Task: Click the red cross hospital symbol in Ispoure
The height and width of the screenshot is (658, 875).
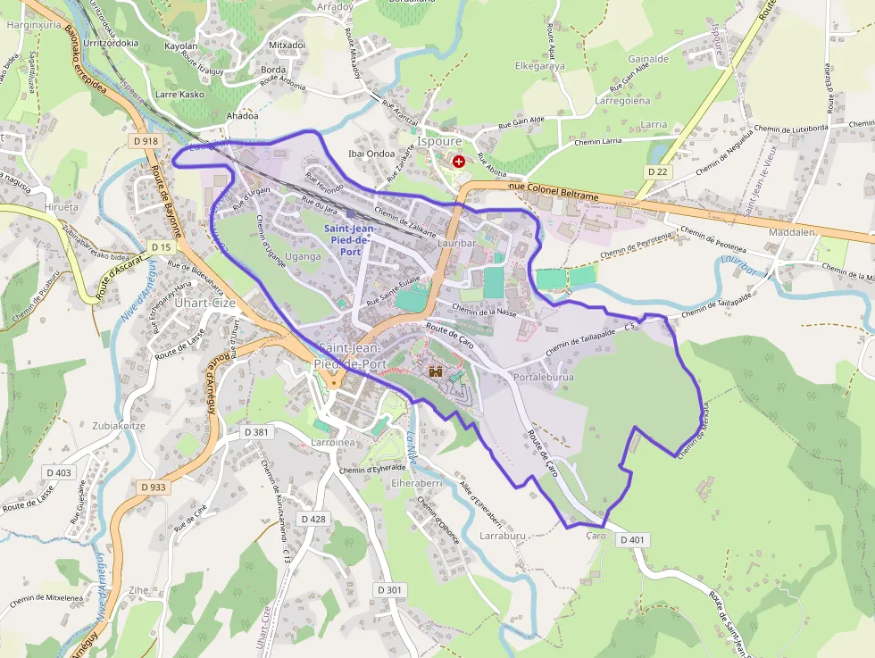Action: click(458, 162)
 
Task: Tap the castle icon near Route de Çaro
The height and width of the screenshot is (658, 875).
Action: click(436, 371)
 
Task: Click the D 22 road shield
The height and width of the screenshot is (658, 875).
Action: click(658, 171)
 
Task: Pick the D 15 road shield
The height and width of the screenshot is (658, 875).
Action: click(161, 246)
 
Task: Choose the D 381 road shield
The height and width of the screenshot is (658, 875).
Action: click(256, 432)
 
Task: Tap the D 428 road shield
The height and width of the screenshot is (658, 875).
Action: click(313, 519)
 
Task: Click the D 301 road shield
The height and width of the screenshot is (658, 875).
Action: click(390, 590)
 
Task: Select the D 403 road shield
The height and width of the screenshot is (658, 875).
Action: click(59, 472)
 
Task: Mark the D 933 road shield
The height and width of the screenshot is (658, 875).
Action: click(154, 487)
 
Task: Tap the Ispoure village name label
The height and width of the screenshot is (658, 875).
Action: click(439, 141)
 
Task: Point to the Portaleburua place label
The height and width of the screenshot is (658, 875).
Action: click(544, 378)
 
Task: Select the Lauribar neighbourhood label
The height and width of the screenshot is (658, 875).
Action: click(456, 242)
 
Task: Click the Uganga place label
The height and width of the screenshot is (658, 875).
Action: click(303, 256)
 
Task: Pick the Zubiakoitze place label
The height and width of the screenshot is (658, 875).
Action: click(118, 426)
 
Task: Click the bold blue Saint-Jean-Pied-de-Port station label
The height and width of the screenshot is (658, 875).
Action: click(350, 240)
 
